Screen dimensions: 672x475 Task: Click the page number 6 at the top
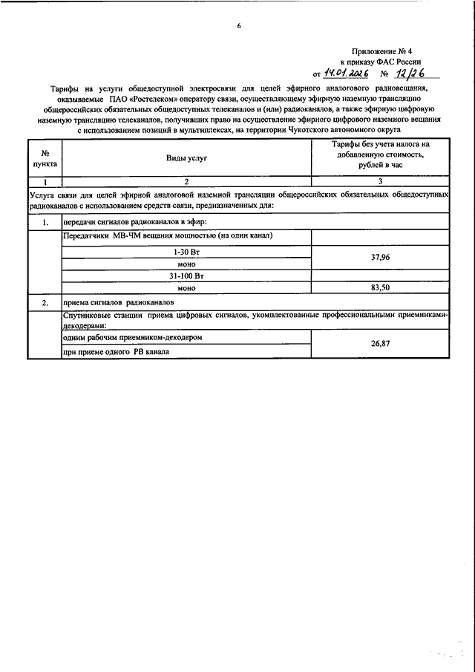(238, 27)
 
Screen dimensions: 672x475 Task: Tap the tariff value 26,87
(379, 344)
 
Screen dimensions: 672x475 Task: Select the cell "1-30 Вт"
(186, 252)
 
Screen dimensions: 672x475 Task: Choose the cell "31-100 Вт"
(186, 275)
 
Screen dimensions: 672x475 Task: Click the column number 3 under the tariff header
(379, 181)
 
